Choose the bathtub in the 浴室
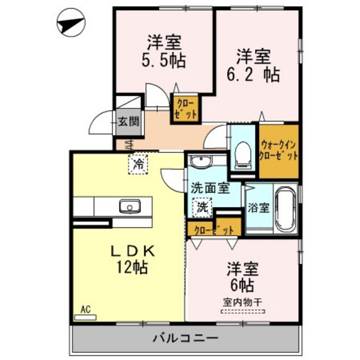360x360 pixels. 283,208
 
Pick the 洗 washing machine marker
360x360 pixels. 202,207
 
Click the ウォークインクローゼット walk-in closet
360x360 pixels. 279,150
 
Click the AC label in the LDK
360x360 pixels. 85,309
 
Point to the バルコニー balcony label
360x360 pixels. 185,337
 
